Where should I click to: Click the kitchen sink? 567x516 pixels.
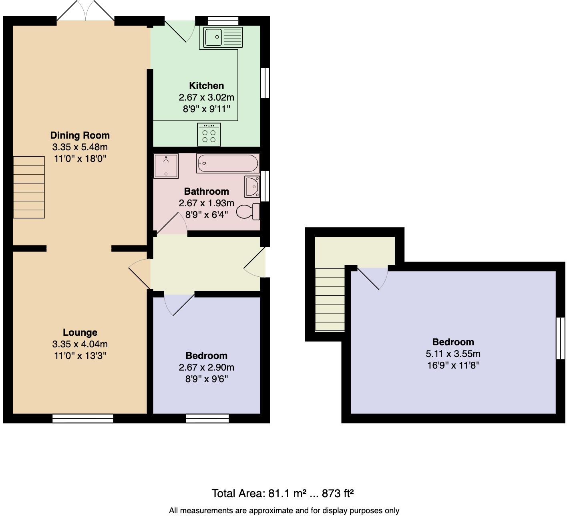coord(223,37)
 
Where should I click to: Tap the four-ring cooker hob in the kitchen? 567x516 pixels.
coord(209,135)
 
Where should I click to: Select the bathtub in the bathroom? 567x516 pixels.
coord(228,163)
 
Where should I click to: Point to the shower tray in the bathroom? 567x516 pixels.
coord(166,166)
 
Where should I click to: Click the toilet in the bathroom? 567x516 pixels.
coord(248,212)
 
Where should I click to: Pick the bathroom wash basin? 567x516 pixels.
coord(252,187)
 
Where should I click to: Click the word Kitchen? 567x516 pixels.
coord(206,86)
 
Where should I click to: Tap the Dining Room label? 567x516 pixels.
coord(80,135)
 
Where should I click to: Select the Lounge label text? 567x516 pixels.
coord(80,332)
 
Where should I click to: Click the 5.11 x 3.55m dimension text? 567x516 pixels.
coord(453,354)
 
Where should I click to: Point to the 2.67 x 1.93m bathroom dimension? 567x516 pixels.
coord(206,203)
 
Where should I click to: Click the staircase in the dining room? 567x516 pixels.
coord(29,187)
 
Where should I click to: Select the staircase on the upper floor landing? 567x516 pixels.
coord(330,299)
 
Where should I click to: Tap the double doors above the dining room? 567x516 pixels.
coord(86,11)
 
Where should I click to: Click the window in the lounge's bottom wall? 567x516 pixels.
coord(83,418)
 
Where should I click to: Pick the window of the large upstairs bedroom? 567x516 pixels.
coord(561,339)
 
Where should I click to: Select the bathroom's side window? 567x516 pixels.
coord(265,186)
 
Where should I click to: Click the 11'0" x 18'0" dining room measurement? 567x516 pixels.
coord(80,159)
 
